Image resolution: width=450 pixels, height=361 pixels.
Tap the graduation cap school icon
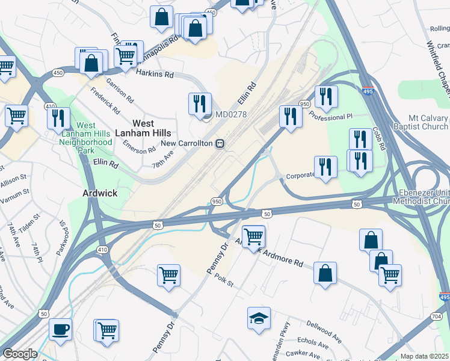259,318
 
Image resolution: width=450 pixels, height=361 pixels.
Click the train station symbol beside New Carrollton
221,144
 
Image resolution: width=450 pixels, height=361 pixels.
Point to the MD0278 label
231,114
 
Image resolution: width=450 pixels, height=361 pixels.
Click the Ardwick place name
99,193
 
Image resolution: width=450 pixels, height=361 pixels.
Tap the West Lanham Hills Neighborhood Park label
86,138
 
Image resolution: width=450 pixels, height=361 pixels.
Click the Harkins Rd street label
154,74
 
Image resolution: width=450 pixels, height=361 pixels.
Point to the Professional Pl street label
337,116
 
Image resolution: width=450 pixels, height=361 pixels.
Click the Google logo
20,354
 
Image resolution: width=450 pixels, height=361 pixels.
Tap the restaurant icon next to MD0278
200,104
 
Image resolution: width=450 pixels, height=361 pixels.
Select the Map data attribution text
425,356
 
